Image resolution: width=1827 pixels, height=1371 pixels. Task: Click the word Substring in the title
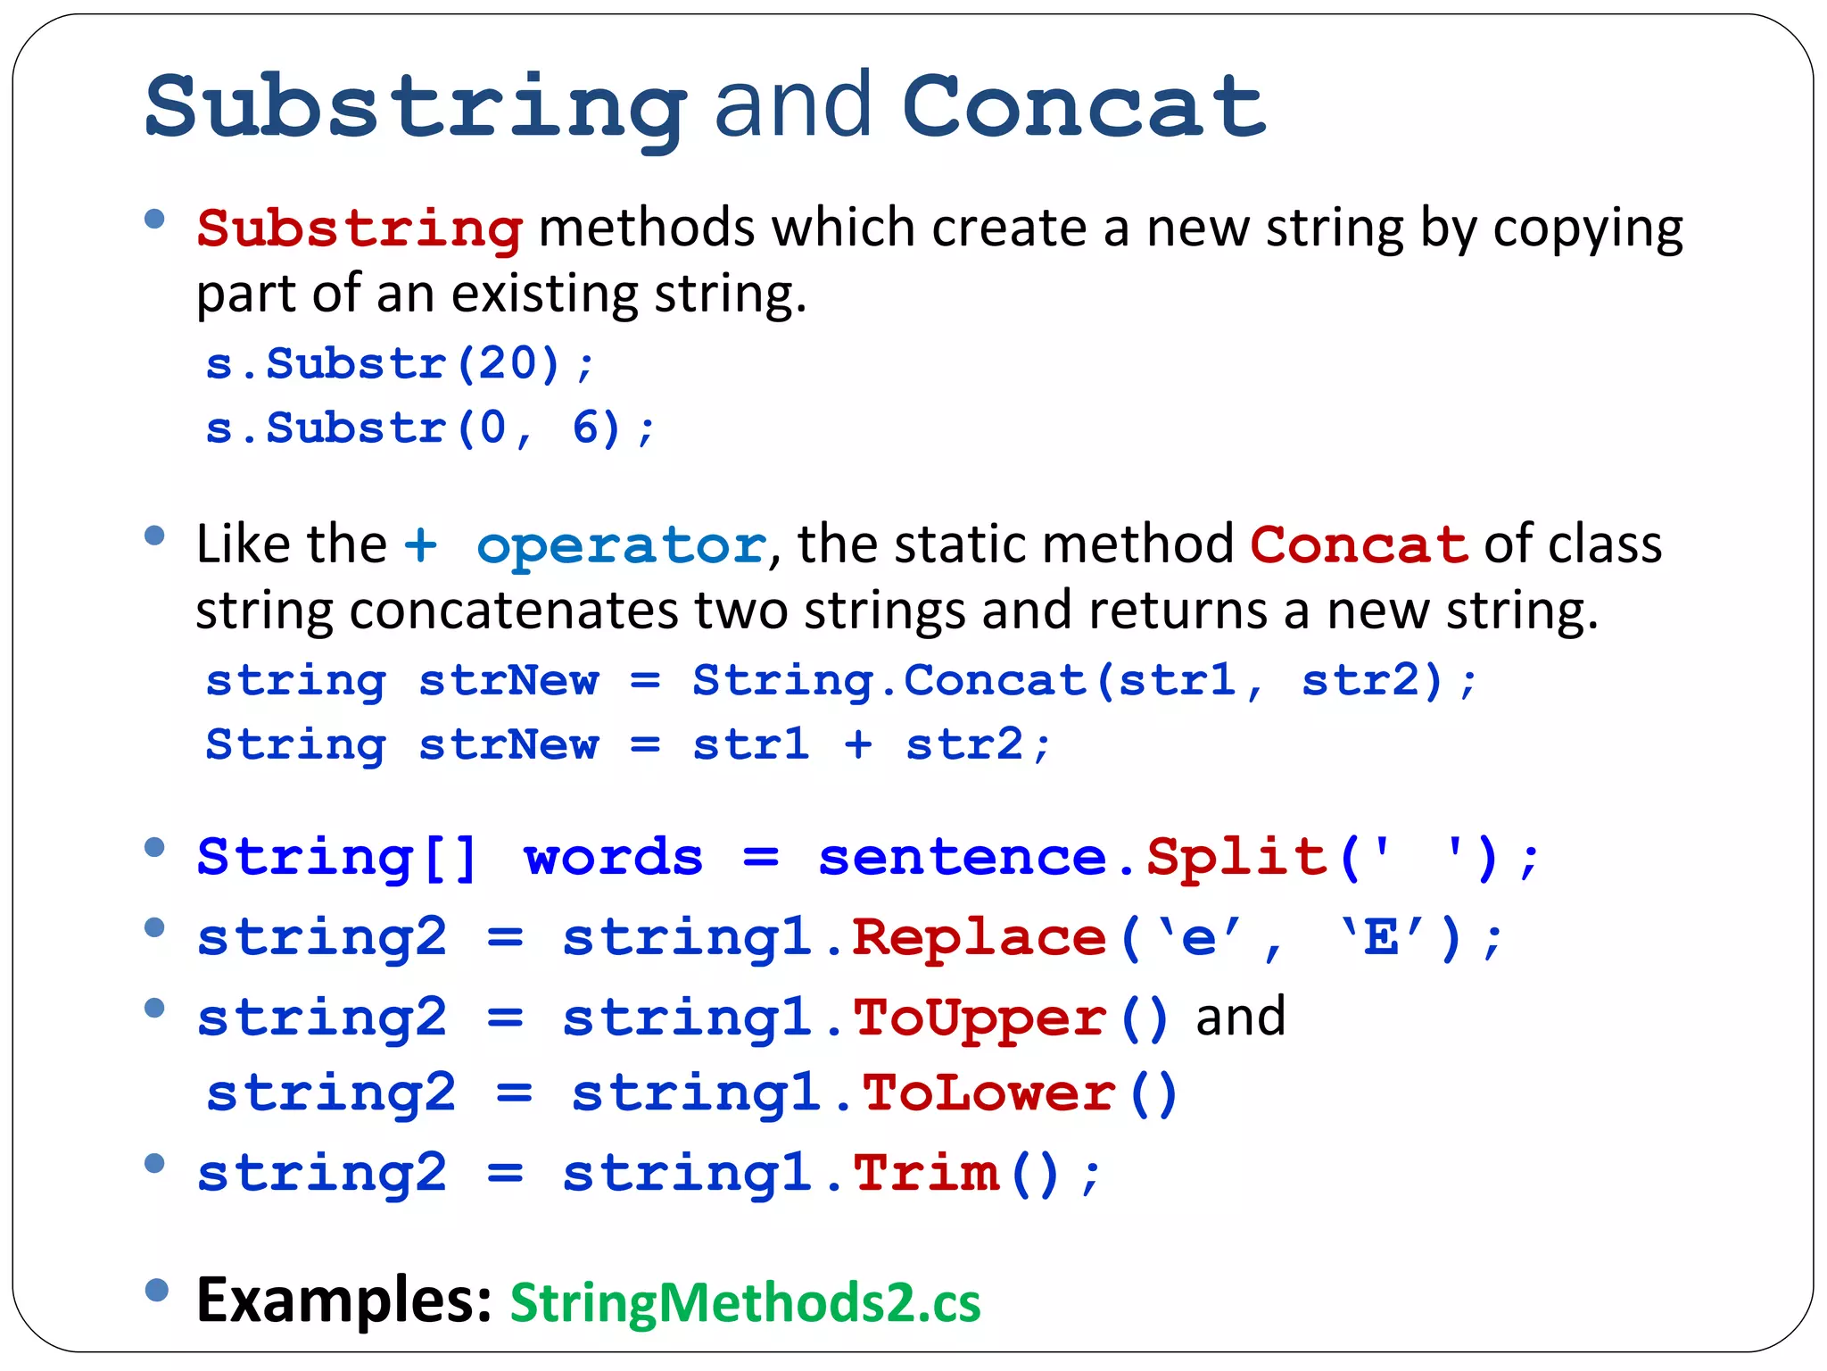[415, 107]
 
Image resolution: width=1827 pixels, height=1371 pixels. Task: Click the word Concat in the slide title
[1083, 107]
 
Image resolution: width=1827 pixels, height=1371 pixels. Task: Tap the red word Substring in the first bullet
[359, 228]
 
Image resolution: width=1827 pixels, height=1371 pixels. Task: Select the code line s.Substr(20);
[399, 364]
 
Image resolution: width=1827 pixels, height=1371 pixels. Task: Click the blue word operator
[621, 544]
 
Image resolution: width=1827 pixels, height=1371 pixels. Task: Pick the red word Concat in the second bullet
[1358, 544]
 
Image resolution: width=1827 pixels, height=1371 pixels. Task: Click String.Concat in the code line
[889, 681]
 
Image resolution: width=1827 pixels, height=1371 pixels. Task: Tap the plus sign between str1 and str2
[858, 744]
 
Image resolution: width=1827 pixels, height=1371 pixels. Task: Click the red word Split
[1236, 857]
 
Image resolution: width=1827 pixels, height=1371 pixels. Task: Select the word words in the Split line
[613, 858]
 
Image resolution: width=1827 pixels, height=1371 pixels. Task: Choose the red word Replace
[979, 938]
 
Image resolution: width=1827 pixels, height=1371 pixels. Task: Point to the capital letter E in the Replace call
[1381, 938]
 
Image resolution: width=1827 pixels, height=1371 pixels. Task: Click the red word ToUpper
[979, 1018]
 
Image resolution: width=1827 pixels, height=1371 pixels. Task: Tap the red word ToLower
[988, 1093]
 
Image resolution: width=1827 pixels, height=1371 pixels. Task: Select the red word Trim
[927, 1173]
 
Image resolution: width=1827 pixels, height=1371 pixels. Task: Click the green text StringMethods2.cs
[745, 1302]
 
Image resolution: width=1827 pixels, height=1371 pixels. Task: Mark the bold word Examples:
[343, 1300]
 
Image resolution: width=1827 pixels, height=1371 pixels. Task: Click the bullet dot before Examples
[156, 1290]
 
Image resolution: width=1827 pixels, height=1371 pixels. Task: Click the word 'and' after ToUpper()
[1240, 1017]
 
